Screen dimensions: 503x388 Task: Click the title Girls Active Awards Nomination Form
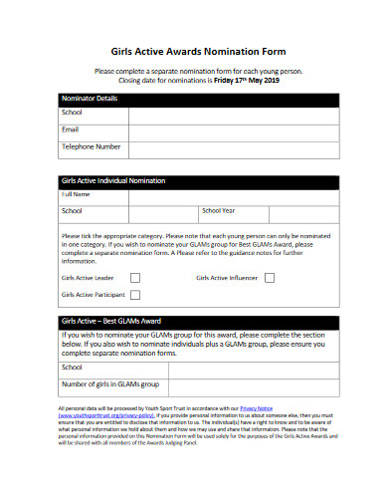click(194, 49)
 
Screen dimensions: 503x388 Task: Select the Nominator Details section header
click(90, 99)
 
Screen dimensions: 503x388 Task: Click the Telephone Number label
click(92, 146)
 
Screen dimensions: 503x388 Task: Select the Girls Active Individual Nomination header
click(113, 180)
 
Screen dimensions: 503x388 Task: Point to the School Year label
click(218, 211)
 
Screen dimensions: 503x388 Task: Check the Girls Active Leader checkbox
click(135, 278)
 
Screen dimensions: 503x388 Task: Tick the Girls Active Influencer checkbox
click(269, 278)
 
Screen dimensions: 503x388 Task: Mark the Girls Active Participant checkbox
click(135, 295)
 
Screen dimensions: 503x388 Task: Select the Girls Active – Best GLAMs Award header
click(110, 321)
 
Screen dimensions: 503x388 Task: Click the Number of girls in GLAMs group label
click(109, 383)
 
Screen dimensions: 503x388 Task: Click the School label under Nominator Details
click(72, 113)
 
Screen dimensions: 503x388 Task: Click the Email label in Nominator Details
click(70, 129)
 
